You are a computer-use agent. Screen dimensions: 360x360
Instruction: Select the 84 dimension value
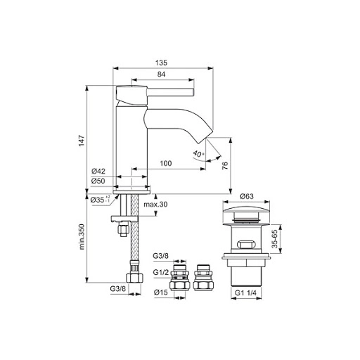click(161, 74)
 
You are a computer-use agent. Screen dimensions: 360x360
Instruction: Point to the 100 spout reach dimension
click(166, 163)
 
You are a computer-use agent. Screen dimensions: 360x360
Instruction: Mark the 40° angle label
click(198, 153)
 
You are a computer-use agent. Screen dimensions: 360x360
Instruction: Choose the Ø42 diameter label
click(98, 172)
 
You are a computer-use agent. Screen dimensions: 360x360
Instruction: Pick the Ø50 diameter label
click(98, 181)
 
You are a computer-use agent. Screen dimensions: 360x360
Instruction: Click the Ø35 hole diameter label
click(101, 200)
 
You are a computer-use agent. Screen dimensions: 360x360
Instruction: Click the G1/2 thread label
click(160, 271)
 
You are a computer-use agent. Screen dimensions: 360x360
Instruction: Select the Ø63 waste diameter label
click(245, 196)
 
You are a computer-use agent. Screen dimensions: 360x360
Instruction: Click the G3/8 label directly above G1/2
click(160, 259)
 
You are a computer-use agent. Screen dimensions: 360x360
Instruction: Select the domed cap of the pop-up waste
click(245, 212)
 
